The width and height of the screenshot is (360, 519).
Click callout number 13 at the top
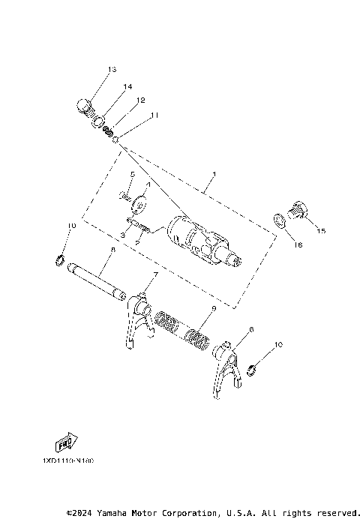click(112, 70)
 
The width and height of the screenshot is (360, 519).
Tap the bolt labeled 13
click(84, 106)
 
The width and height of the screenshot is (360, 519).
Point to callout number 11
click(154, 115)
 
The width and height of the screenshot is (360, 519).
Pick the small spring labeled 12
click(109, 130)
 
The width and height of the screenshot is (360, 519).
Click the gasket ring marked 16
click(280, 219)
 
